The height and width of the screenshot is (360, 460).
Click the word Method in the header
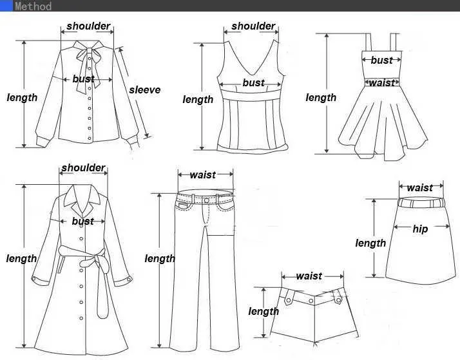click(x=32, y=6)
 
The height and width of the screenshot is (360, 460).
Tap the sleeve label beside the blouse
click(x=144, y=90)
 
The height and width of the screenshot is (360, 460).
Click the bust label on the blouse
click(x=83, y=79)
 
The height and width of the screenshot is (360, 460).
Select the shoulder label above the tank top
click(x=253, y=26)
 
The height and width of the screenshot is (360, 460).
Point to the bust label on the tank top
click(x=253, y=83)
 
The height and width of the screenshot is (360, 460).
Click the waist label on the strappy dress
click(x=382, y=82)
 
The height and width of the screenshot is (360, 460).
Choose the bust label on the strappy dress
click(x=381, y=60)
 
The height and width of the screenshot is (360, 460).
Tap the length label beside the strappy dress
click(x=321, y=98)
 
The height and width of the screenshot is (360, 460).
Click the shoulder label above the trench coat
click(x=83, y=168)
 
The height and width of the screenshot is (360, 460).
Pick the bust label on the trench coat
click(x=83, y=221)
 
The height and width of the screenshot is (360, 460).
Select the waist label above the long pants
click(x=202, y=175)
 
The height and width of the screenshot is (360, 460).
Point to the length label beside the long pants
click(x=160, y=259)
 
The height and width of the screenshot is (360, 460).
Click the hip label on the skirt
click(x=420, y=229)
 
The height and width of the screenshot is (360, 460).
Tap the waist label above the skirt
click(x=420, y=187)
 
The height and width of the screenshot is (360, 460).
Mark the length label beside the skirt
click(x=370, y=243)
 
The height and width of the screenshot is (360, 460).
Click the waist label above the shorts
click(x=309, y=276)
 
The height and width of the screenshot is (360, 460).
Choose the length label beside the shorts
click(x=264, y=312)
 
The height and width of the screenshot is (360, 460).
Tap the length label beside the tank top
click(x=198, y=99)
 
